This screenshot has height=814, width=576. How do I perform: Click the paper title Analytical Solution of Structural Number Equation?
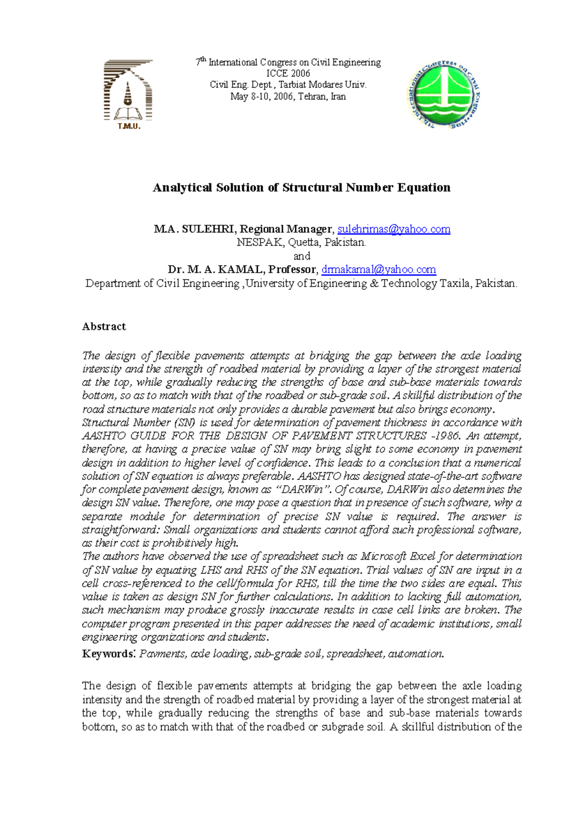coord(301,187)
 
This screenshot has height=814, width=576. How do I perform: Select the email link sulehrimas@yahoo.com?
coord(394,229)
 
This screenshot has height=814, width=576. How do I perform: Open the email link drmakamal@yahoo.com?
coord(379,269)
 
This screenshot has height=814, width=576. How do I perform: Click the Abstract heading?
coord(104,326)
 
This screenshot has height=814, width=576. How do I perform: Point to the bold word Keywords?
coord(108,654)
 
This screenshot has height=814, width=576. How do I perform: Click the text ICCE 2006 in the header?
coord(288,73)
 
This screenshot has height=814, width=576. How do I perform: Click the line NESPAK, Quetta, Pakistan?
coord(301,243)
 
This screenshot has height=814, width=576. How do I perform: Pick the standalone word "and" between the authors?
coord(301,256)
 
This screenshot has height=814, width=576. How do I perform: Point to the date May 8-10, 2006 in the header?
coord(262,96)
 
